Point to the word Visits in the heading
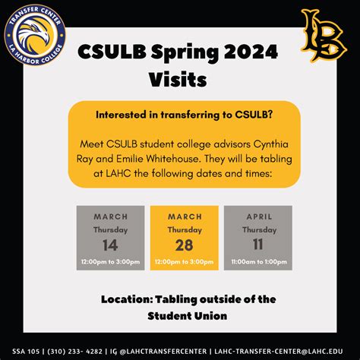178,78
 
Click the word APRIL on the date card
257,216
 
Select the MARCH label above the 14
110,216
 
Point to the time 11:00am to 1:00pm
257,262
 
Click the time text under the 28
184,262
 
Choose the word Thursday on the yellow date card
184,229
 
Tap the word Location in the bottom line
128,298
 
